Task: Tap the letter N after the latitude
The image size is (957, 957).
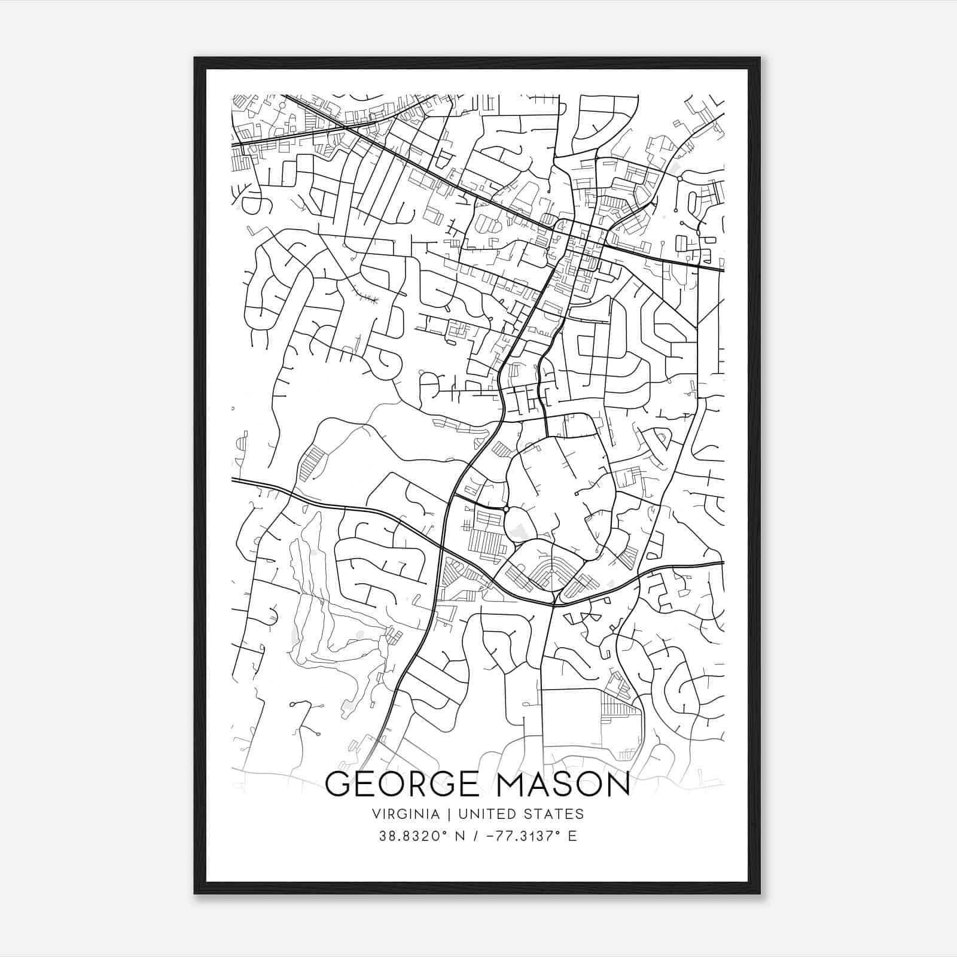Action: (460, 836)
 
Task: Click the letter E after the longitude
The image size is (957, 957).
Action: (572, 836)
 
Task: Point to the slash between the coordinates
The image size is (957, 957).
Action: (477, 836)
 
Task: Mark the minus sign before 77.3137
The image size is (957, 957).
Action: (490, 836)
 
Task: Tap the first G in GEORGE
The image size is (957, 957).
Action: (338, 784)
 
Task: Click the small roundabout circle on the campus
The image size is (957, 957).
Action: (506, 509)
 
